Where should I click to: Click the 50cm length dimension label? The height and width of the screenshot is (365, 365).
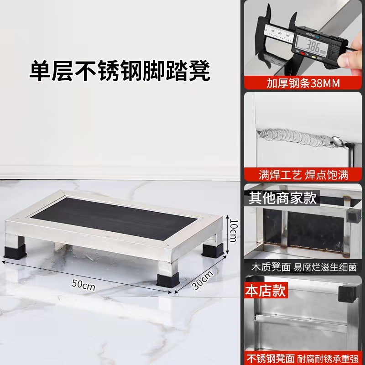[83, 284]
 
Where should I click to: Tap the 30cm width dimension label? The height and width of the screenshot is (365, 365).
[203, 280]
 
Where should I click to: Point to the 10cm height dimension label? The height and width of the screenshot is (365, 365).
[234, 230]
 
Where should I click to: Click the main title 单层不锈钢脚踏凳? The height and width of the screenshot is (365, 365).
[120, 71]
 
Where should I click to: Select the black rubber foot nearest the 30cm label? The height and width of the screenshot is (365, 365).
[167, 281]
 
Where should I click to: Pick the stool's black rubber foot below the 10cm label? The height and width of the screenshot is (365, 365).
[213, 250]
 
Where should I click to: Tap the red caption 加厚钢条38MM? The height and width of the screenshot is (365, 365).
[303, 83]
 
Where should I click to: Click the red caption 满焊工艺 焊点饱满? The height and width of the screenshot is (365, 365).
[303, 175]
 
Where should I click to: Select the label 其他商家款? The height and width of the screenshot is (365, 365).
[283, 198]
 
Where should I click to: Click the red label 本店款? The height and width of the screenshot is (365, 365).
[266, 290]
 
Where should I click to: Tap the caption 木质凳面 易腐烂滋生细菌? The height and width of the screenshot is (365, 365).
[304, 267]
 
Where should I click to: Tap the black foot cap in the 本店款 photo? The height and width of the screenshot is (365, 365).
[347, 294]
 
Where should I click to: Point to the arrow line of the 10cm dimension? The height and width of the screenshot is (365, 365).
[228, 235]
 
